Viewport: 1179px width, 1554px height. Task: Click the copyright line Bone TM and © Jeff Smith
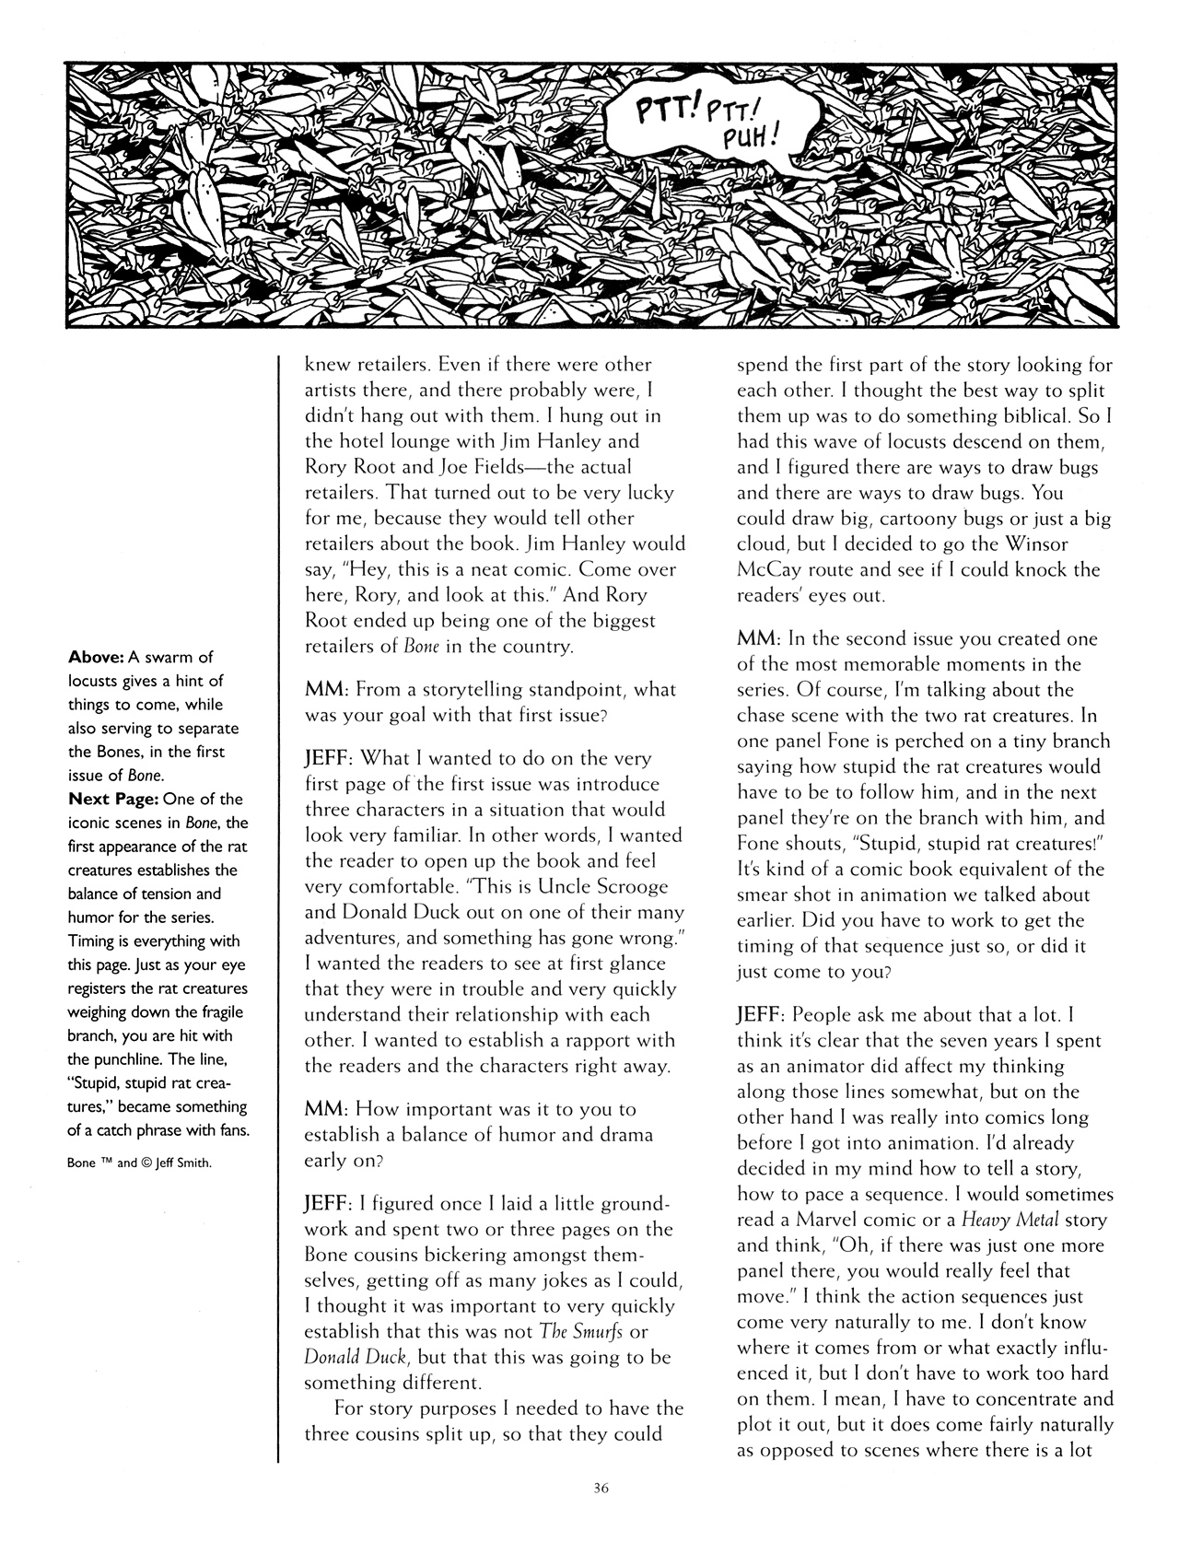[140, 1163]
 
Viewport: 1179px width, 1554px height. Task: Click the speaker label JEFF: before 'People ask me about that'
[761, 1015]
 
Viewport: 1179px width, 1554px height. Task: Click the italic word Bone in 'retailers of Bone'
[421, 647]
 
